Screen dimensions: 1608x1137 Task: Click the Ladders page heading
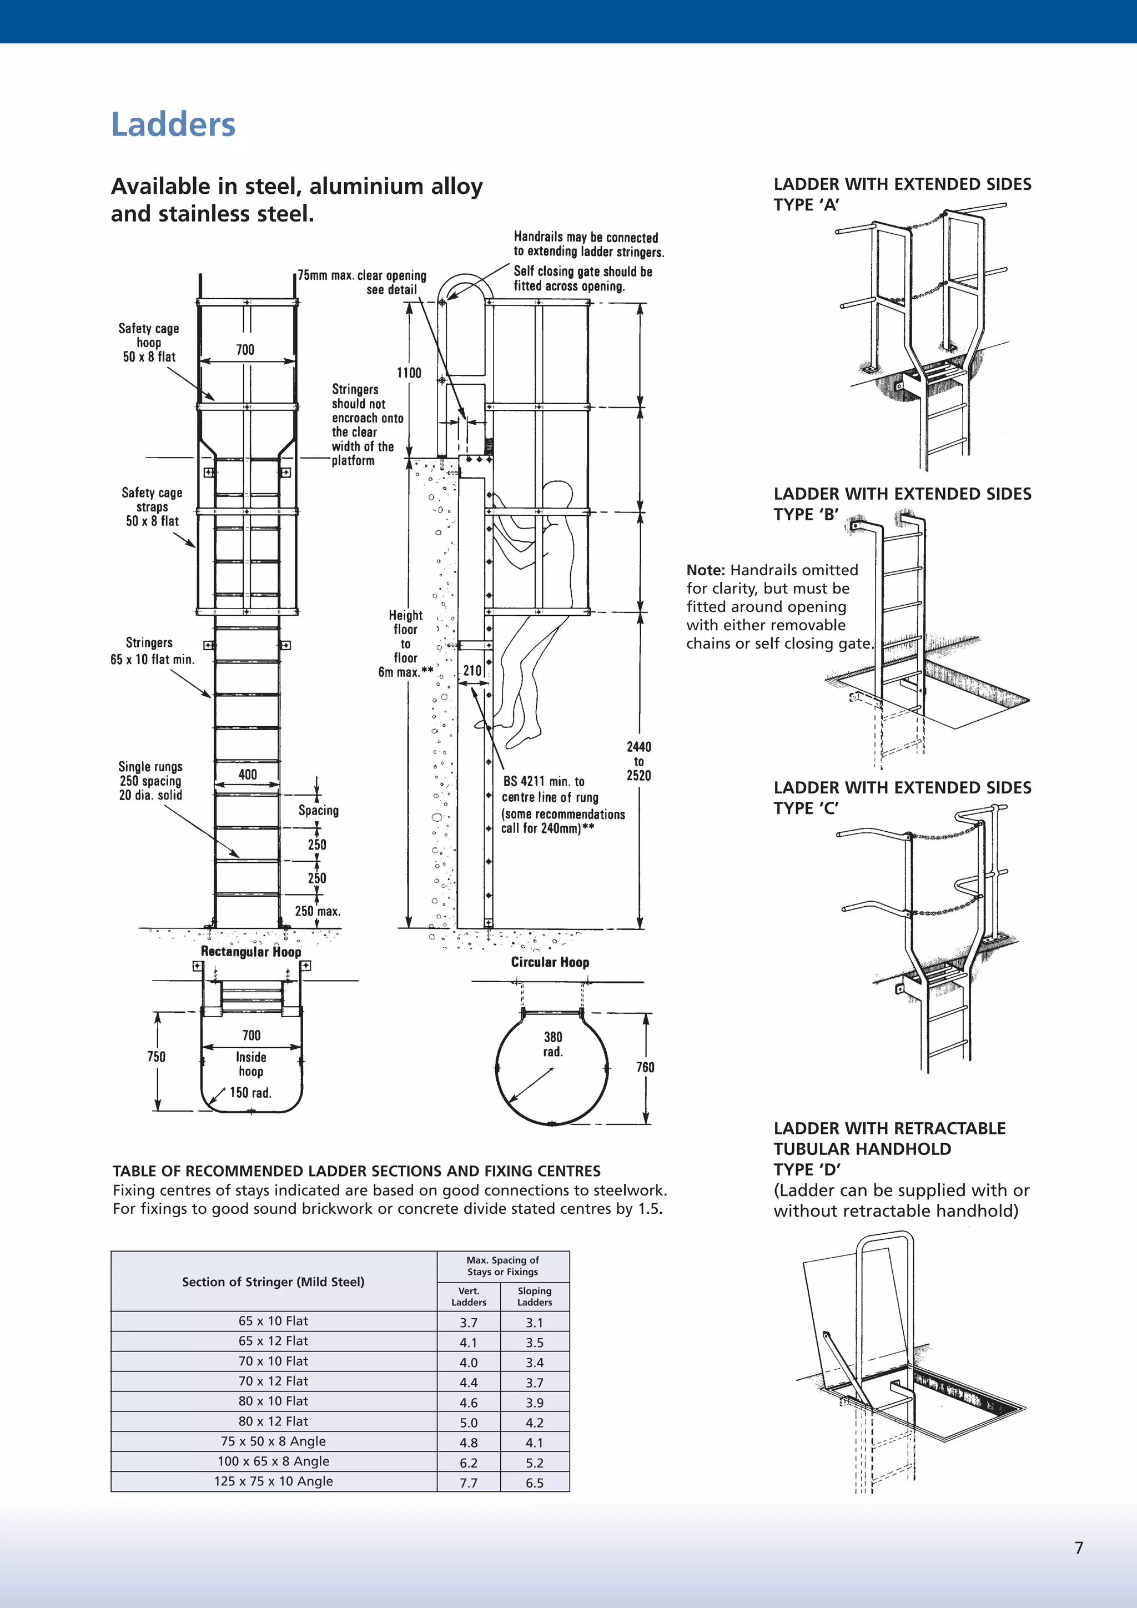(173, 125)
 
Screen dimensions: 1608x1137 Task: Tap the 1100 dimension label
(409, 373)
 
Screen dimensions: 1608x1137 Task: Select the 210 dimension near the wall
(472, 670)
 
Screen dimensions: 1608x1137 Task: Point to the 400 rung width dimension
(248, 774)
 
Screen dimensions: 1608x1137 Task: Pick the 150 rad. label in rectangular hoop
(250, 1093)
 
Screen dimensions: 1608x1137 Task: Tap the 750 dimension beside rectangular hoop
(156, 1056)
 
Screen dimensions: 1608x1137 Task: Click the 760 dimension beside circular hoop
(645, 1067)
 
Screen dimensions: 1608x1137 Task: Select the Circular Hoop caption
(550, 962)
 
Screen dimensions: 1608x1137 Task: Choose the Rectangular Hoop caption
(250, 951)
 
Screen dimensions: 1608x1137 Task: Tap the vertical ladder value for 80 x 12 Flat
(469, 1423)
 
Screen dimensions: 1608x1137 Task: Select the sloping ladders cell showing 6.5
(534, 1483)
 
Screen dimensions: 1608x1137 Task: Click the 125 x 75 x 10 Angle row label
(274, 1481)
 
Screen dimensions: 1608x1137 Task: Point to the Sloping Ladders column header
(534, 1297)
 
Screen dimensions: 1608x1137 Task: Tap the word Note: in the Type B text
(705, 570)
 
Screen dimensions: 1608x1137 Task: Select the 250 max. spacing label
(317, 911)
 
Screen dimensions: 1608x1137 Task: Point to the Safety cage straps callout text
(152, 506)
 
